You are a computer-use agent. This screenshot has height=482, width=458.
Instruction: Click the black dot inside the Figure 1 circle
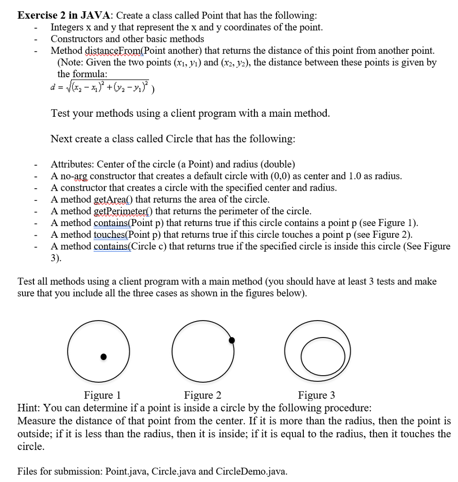point(104,357)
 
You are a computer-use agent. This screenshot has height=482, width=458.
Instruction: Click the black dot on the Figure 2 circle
point(231,340)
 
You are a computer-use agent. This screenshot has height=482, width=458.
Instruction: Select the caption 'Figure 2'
point(203,395)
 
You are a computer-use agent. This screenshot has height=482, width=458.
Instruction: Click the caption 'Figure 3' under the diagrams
point(316,395)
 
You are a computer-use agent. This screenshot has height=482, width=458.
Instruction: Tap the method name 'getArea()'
point(113,199)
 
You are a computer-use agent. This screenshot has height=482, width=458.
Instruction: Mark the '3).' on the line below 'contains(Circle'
point(56,258)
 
